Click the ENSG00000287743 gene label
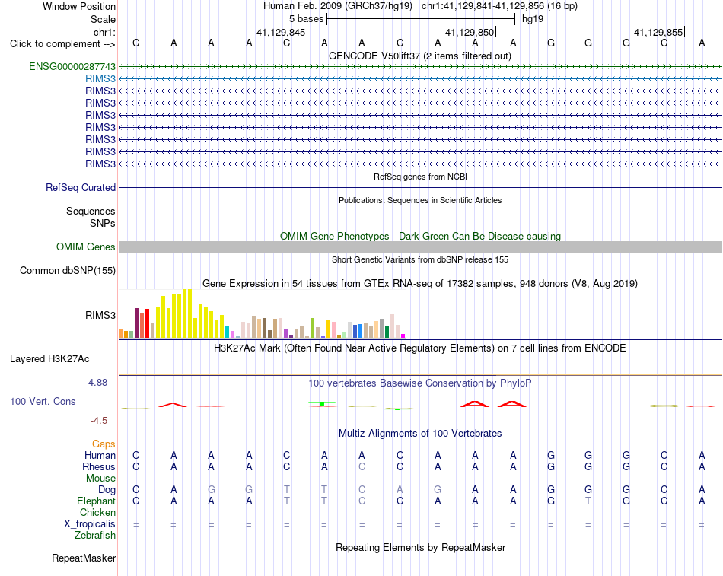[72, 66]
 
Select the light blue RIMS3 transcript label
[100, 79]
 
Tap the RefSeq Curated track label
[81, 188]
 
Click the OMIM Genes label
[86, 247]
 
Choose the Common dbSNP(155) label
[68, 271]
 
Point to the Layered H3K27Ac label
[49, 359]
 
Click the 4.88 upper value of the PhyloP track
[97, 383]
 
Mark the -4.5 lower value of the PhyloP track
[99, 421]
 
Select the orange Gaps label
[104, 444]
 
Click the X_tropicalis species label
[90, 524]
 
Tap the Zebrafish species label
[95, 536]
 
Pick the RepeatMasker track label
[84, 558]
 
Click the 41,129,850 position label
[470, 32]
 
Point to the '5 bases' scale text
[306, 19]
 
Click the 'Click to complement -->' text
[62, 44]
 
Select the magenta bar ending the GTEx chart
[403, 336]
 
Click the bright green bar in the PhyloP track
[322, 404]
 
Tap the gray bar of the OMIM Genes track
[420, 247]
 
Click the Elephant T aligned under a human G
[588, 501]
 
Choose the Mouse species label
[100, 479]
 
